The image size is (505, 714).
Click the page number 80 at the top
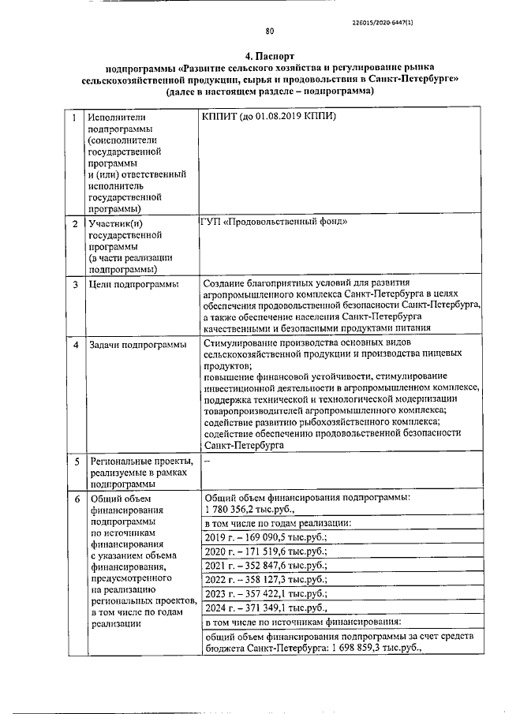click(268, 32)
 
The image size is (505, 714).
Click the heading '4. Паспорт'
click(268, 57)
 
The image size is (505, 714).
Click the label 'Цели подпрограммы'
click(133, 284)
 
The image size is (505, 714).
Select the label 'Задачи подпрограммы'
click(137, 345)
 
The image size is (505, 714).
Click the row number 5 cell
click(76, 461)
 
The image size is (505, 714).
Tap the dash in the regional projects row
click(207, 459)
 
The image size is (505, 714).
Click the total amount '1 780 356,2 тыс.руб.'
click(249, 510)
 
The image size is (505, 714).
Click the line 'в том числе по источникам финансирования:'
click(302, 622)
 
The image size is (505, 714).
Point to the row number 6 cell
click(76, 499)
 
